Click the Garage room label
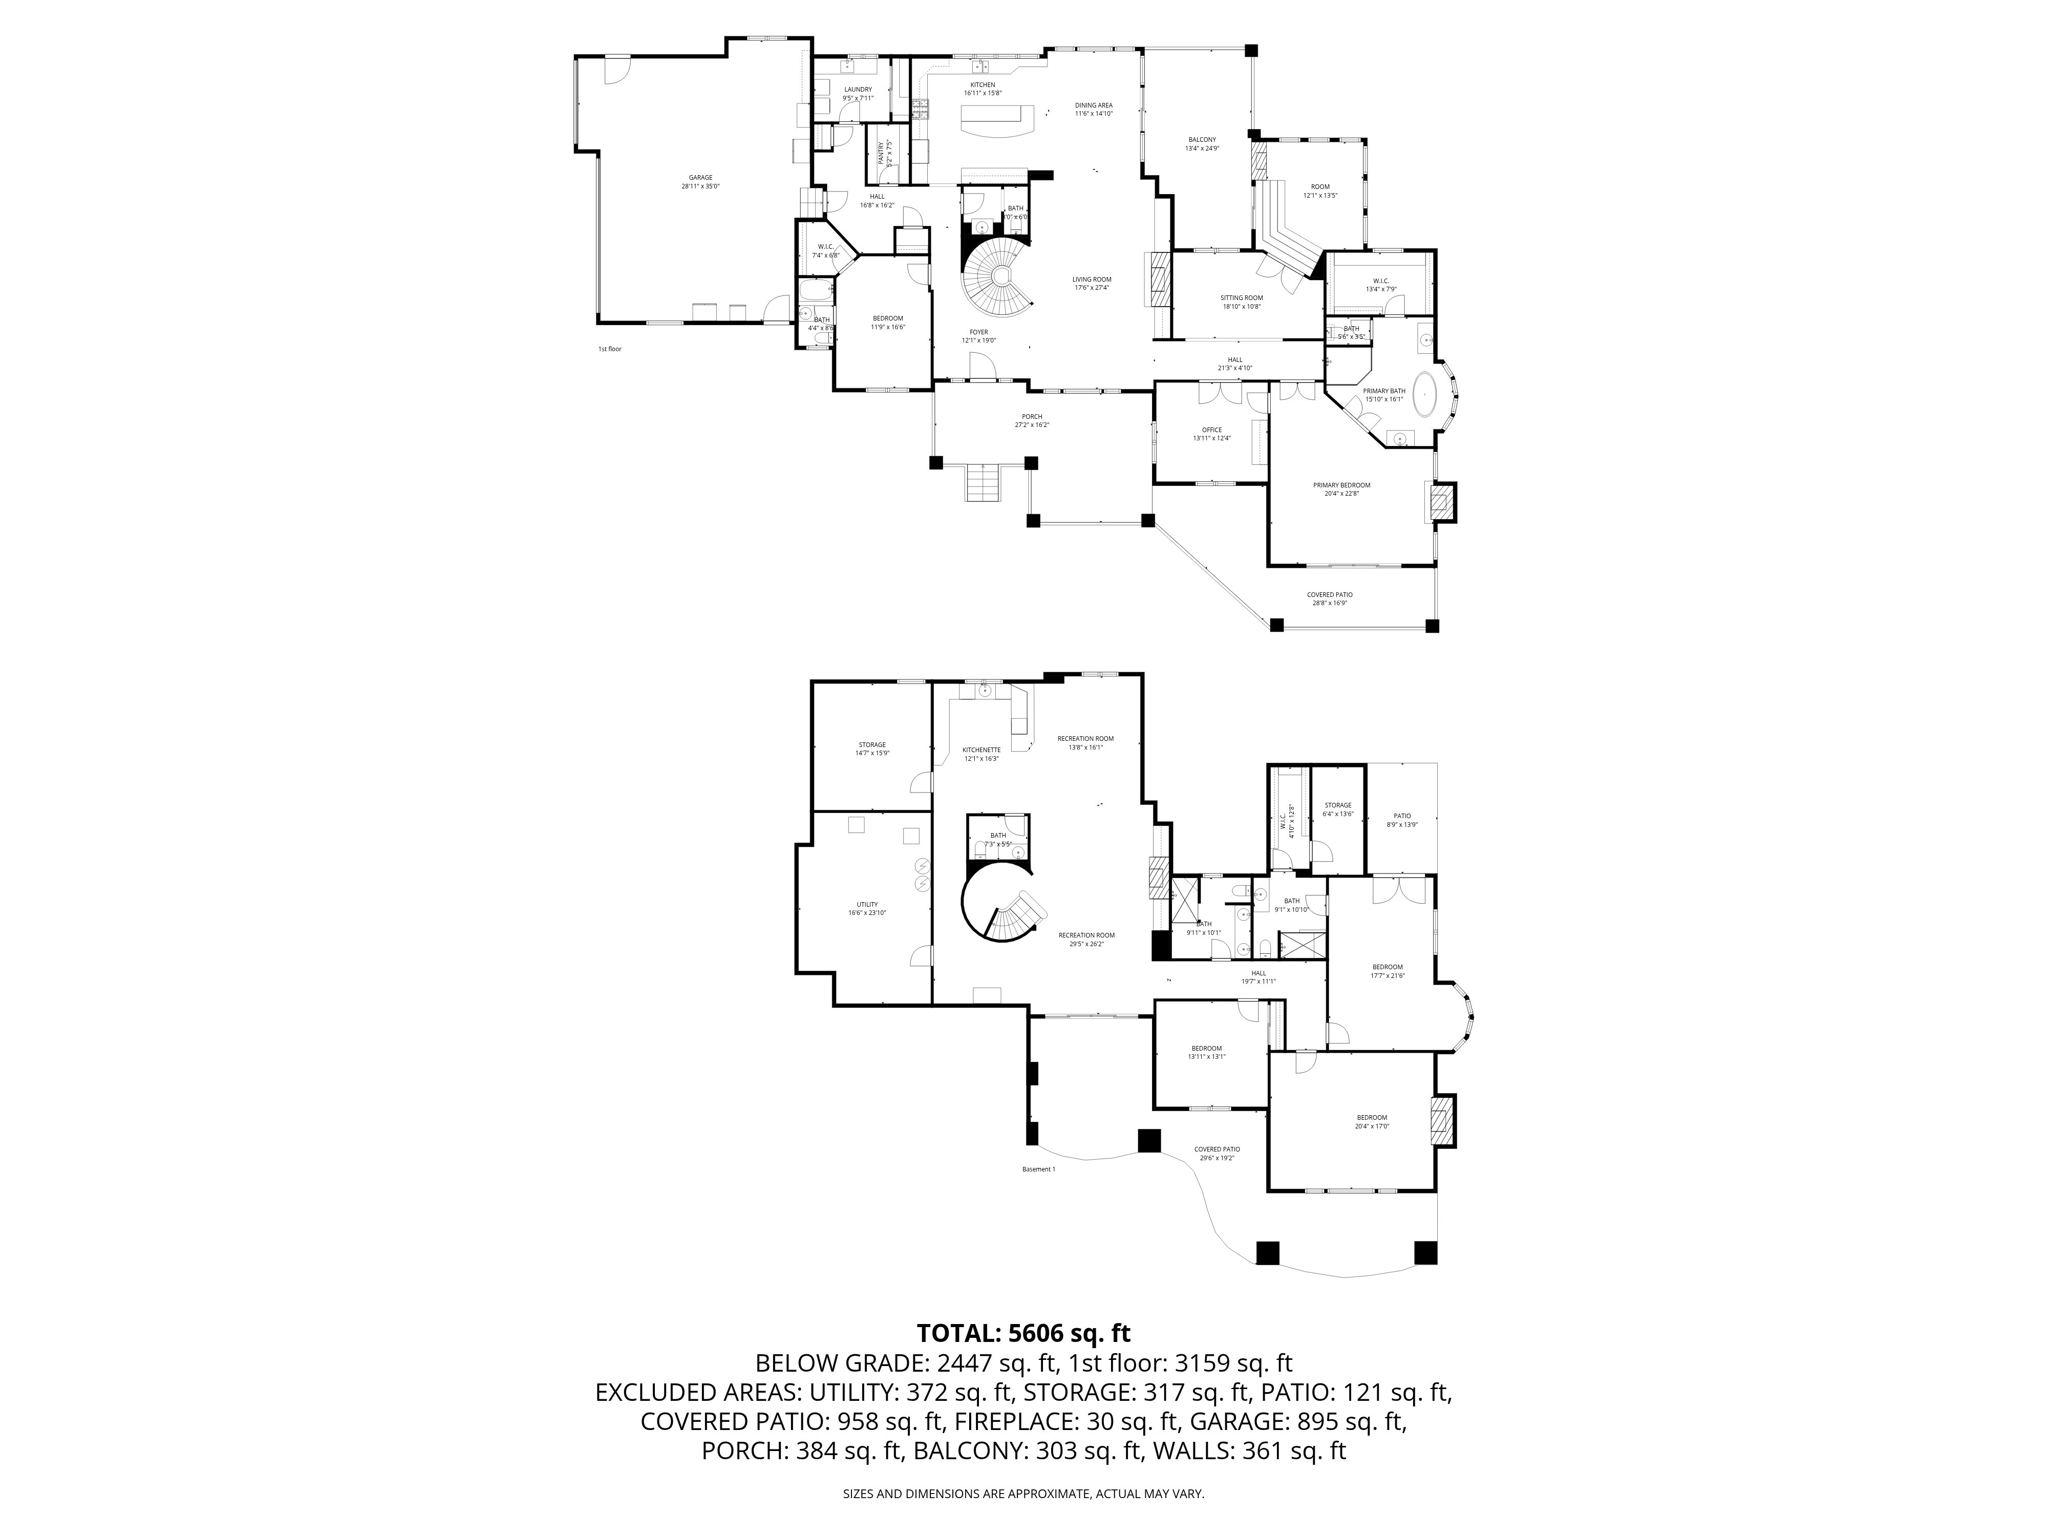pos(700,181)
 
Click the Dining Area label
pos(1094,109)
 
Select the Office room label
pos(1211,433)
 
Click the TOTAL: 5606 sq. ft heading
pos(1023,1333)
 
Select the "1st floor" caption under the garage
pos(609,349)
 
